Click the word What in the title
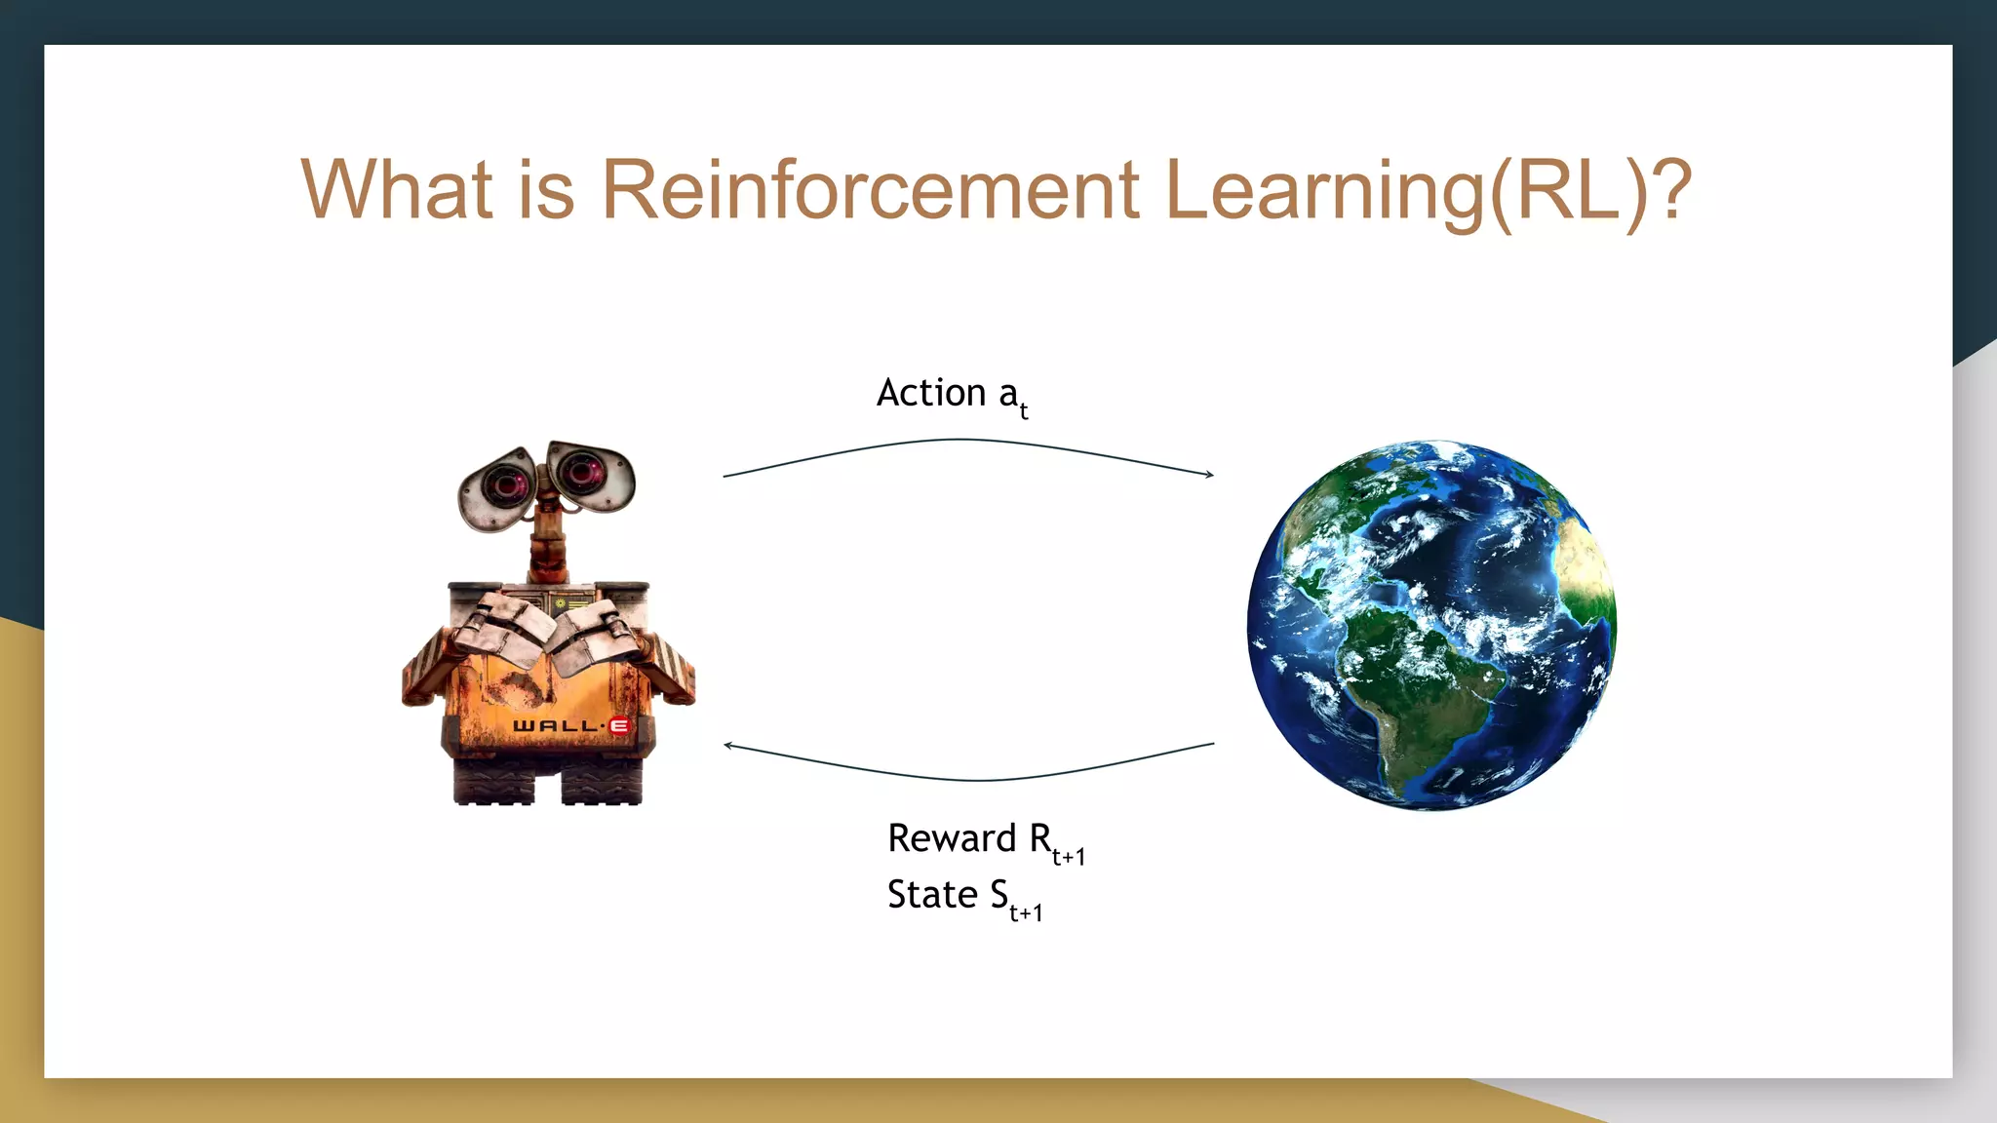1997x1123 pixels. [x=396, y=190]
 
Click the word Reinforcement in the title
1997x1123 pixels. [x=869, y=190]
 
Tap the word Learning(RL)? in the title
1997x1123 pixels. [x=1428, y=192]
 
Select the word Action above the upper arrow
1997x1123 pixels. [x=931, y=393]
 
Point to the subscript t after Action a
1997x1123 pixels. [x=1024, y=411]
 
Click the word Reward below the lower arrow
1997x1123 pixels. [x=952, y=838]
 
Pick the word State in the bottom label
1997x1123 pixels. [x=931, y=895]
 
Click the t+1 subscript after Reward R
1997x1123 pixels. [x=1069, y=857]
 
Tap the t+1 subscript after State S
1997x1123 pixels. [x=1026, y=913]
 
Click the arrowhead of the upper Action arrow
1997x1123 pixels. [x=1210, y=475]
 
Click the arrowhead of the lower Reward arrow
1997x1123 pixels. [x=728, y=746]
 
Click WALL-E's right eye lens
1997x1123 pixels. [x=583, y=472]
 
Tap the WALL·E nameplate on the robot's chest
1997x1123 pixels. [x=571, y=726]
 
